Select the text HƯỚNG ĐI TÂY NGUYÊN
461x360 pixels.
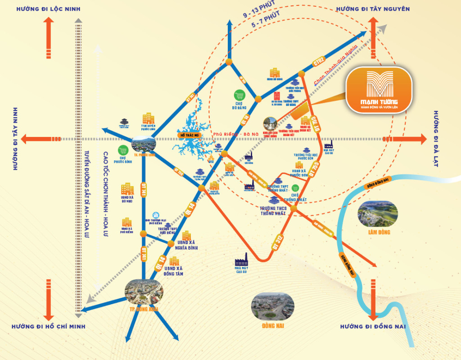coord(373,9)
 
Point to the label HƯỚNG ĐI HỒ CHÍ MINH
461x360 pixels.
coord(48,326)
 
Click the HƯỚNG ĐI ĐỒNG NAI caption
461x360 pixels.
coord(373,326)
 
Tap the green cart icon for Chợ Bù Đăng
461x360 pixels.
coord(239,96)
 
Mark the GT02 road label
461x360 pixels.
coord(319,60)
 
